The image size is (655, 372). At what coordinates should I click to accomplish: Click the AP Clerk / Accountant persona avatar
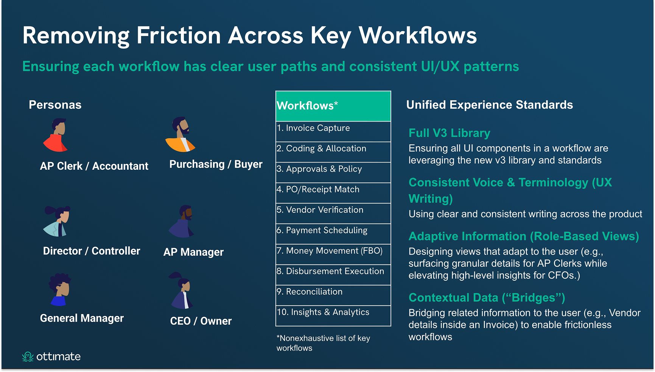[x=56, y=135]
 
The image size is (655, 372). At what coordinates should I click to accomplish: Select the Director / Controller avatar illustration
[x=58, y=221]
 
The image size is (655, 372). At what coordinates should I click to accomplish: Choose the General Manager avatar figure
[x=60, y=290]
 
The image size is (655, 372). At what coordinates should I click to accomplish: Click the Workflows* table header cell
[x=333, y=106]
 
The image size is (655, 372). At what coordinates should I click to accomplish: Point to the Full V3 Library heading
[x=449, y=133]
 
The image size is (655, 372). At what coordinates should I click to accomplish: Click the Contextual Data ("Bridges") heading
[x=487, y=298]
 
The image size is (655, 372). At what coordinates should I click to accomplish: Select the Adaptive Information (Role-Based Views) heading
[x=524, y=236]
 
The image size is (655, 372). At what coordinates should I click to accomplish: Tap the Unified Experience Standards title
[x=489, y=105]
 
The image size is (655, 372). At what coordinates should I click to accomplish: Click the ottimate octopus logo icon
[x=28, y=356]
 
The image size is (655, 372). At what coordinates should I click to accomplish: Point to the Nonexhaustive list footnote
[x=323, y=343]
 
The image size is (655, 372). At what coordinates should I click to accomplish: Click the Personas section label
[x=55, y=105]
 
